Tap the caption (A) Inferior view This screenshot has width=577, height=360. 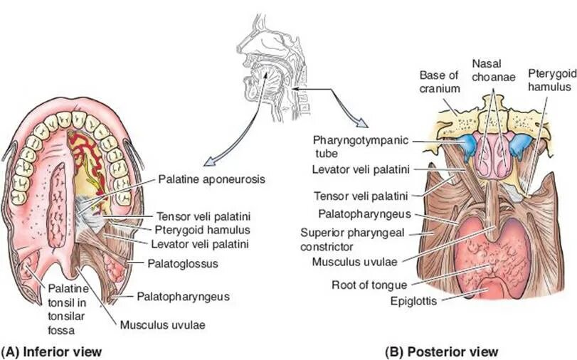pyautogui.click(x=52, y=351)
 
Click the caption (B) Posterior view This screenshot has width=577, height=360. pyautogui.click(x=441, y=351)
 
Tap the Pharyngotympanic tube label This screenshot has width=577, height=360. pyautogui.click(x=361, y=146)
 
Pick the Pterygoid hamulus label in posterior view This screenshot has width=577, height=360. pyautogui.click(x=549, y=80)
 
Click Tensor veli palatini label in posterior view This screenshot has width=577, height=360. pyautogui.click(x=351, y=196)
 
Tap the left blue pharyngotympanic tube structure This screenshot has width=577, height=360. pyautogui.click(x=467, y=147)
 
